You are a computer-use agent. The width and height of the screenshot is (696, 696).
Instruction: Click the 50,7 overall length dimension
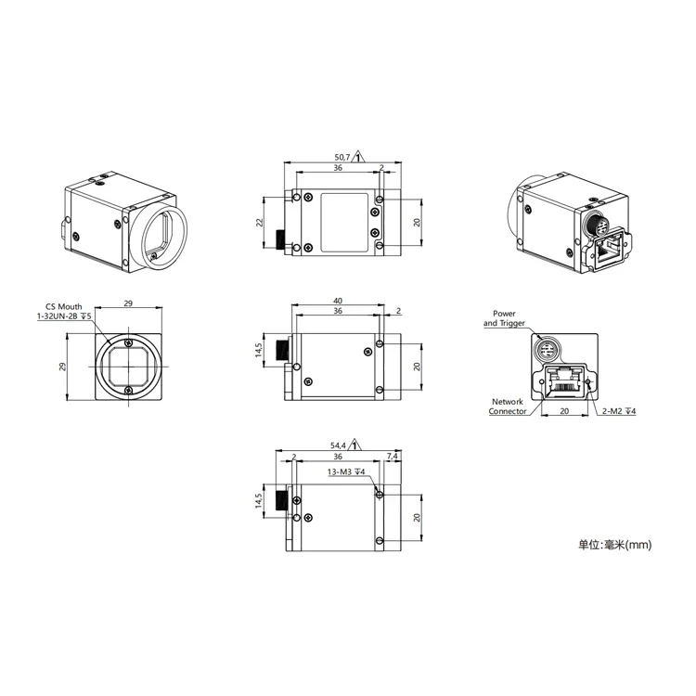(x=341, y=157)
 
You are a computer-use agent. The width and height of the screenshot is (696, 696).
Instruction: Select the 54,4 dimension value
(x=339, y=445)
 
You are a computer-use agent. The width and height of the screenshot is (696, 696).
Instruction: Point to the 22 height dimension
(x=261, y=222)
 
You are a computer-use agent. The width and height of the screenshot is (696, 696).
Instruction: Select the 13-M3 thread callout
(x=345, y=471)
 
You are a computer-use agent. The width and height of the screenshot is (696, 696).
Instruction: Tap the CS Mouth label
(x=63, y=305)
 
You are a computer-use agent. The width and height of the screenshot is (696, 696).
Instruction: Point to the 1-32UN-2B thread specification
(x=63, y=316)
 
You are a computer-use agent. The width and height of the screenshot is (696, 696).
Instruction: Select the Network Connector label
(x=508, y=406)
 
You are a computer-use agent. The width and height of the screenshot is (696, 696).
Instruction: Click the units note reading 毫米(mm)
(x=615, y=545)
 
